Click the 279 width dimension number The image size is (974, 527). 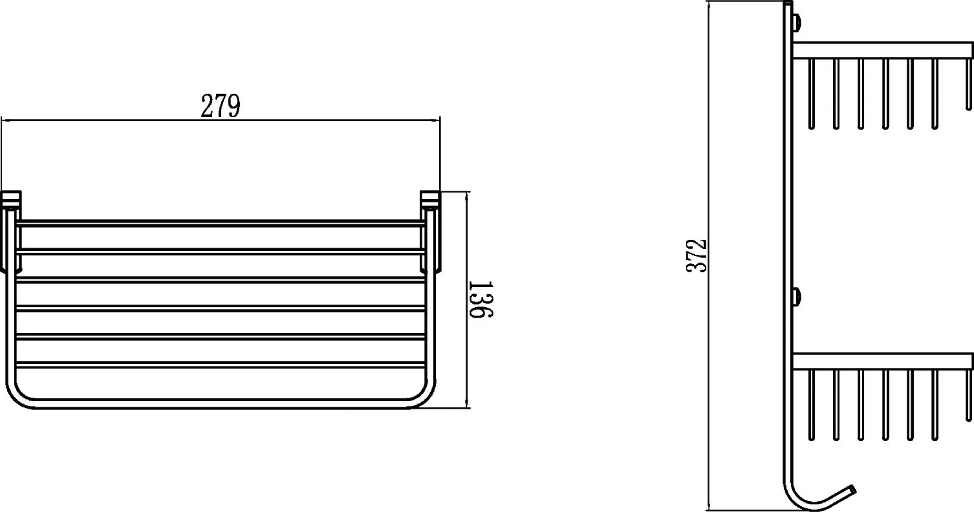coord(221,105)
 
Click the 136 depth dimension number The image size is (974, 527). coord(481,299)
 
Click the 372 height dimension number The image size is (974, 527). coord(697,255)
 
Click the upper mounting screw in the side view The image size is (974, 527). coord(797,23)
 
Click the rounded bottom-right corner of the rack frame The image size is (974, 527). coord(421,396)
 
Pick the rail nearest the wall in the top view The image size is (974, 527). coord(221,223)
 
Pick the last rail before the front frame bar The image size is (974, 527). coord(221,365)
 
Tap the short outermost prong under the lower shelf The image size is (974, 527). coord(968,395)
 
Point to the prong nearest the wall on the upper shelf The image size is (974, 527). coord(812,94)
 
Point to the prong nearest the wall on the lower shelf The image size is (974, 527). coord(812,405)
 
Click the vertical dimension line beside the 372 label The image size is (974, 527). coord(709,255)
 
